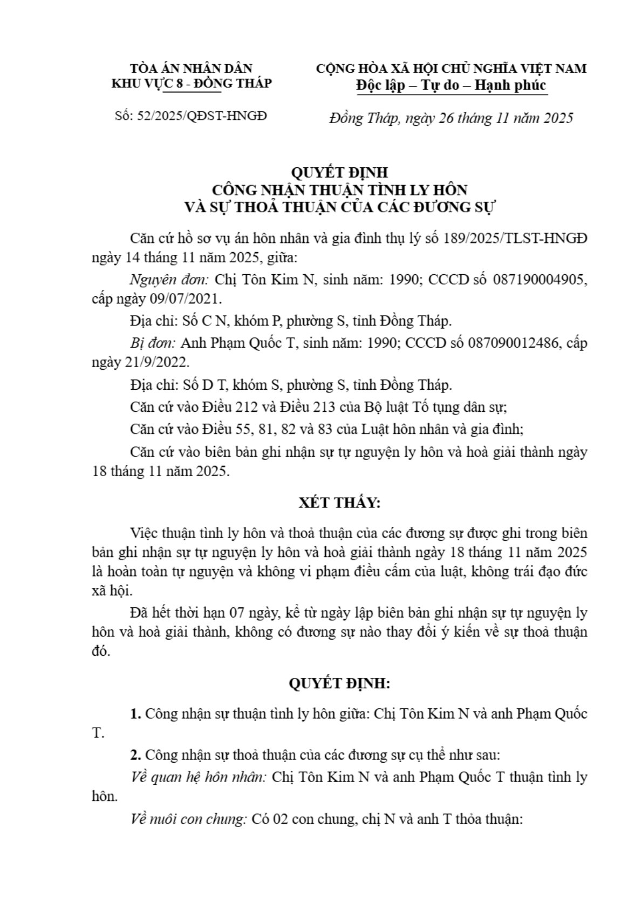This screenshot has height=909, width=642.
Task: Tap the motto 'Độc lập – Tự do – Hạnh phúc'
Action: click(x=451, y=85)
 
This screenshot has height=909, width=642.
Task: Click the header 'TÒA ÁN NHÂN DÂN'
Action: click(x=192, y=69)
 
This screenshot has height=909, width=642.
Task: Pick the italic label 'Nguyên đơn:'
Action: click(x=170, y=280)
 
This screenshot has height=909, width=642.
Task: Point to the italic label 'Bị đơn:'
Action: click(x=153, y=343)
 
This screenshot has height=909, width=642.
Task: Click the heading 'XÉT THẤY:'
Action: click(x=340, y=503)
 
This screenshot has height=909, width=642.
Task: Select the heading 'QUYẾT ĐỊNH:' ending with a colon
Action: click(x=339, y=683)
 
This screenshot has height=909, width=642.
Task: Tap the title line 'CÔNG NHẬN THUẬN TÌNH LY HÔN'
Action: click(x=339, y=190)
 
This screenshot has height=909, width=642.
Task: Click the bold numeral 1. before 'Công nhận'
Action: click(x=135, y=714)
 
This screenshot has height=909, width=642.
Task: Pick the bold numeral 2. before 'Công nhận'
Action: click(x=135, y=754)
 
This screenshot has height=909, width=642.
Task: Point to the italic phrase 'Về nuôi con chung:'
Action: click(x=188, y=819)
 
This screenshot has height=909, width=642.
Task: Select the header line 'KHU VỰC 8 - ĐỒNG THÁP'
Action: click(x=192, y=84)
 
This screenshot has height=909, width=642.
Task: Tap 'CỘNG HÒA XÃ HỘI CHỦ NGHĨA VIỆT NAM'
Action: click(x=451, y=69)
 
